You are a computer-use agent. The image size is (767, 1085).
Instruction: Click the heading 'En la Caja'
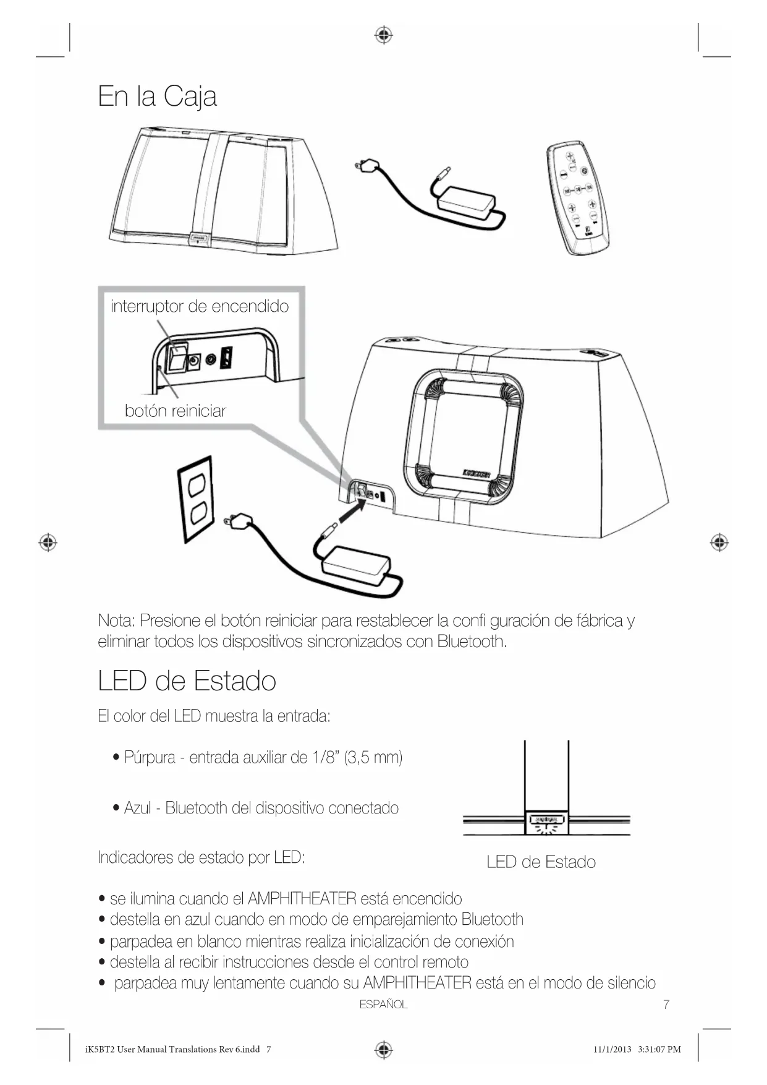tap(157, 96)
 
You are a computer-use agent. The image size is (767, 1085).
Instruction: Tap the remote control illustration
tap(578, 197)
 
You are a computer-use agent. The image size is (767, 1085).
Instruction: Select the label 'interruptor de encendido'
tap(199, 306)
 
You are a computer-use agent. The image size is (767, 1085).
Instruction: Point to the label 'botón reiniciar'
tap(175, 411)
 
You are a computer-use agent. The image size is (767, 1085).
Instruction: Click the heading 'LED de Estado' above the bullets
tap(187, 681)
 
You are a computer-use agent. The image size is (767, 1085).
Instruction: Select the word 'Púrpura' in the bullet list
tap(150, 757)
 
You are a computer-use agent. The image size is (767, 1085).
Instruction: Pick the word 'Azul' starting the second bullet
tap(137, 808)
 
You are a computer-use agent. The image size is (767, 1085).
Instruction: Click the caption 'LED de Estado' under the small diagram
tap(541, 862)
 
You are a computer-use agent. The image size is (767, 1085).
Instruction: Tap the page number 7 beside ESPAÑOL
tap(666, 1005)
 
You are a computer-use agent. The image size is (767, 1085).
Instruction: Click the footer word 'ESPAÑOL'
tap(383, 1005)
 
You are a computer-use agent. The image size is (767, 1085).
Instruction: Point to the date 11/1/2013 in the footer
tap(612, 1049)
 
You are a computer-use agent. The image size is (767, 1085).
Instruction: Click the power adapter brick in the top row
tap(467, 200)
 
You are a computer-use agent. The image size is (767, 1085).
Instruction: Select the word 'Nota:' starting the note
tap(116, 620)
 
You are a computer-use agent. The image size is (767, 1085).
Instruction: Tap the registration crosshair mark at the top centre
tap(384, 35)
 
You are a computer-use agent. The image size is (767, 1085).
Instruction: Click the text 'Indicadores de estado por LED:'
tap(201, 857)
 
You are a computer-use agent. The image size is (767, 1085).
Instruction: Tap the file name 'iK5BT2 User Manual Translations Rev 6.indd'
tap(172, 1049)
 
